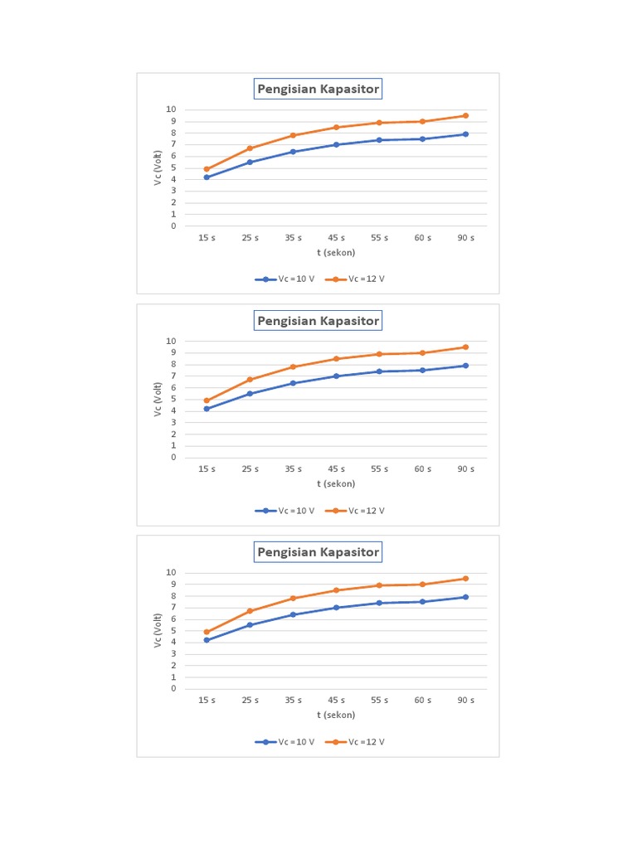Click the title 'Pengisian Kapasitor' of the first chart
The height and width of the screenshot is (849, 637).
[x=318, y=90]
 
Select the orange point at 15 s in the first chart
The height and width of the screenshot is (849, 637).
[x=207, y=169]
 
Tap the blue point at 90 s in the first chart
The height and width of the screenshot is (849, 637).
[x=465, y=134]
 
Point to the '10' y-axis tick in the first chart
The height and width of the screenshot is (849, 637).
[x=171, y=109]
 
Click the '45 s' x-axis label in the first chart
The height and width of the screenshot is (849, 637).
[x=336, y=238]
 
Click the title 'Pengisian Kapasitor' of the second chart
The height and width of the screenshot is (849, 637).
[x=318, y=321]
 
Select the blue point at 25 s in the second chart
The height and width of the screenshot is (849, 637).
[x=250, y=394]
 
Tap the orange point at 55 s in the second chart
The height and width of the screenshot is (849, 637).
[x=379, y=354]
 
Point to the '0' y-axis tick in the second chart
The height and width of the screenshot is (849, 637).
[x=173, y=458]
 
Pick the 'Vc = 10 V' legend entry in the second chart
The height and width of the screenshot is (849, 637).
[x=286, y=511]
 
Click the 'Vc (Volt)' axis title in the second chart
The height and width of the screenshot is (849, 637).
[x=158, y=399]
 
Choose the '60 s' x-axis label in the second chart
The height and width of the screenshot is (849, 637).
[x=422, y=469]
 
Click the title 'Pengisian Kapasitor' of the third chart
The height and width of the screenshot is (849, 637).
[x=318, y=552]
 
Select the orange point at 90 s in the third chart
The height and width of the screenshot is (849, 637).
[x=465, y=579]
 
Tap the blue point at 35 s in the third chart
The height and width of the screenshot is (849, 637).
[x=293, y=614]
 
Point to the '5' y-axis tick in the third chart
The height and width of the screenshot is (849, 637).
[x=173, y=631]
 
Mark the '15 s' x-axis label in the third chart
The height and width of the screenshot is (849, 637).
[x=207, y=701]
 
